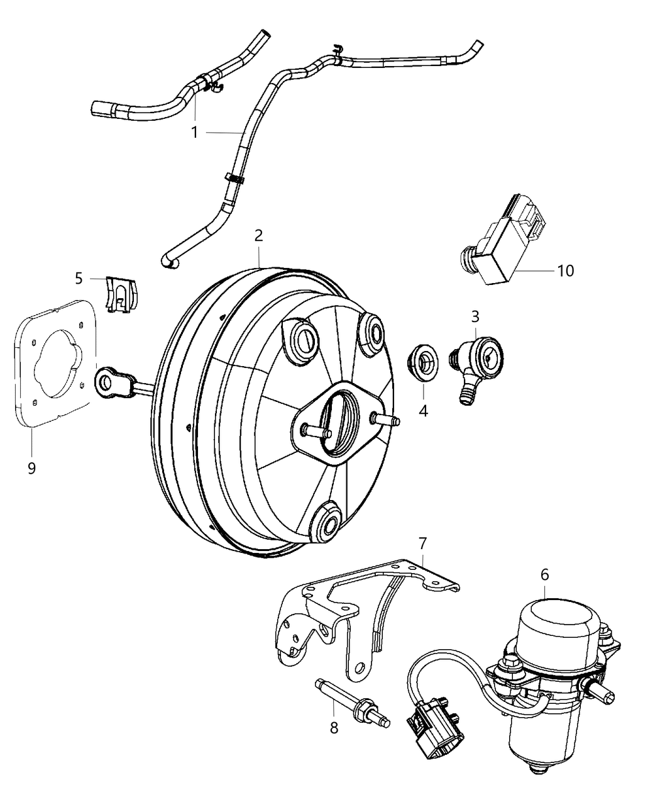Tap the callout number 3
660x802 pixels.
(x=475, y=315)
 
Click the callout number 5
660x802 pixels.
(x=79, y=277)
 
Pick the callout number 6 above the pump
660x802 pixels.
(x=544, y=574)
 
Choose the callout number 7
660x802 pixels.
(x=422, y=542)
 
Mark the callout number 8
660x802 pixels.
(x=334, y=727)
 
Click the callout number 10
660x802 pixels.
(x=565, y=270)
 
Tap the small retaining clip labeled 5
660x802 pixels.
(x=122, y=294)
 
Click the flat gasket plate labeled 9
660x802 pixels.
(x=53, y=365)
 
